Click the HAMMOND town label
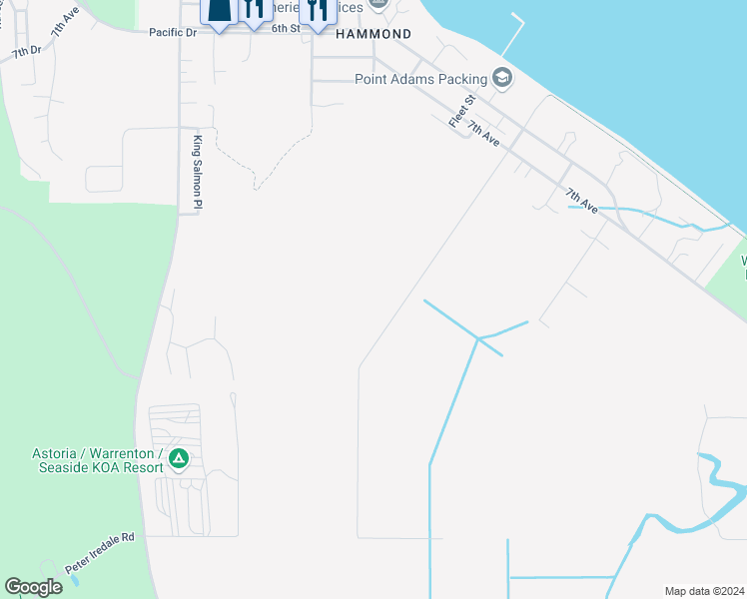pyautogui.click(x=373, y=33)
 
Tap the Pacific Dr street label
pyautogui.click(x=173, y=32)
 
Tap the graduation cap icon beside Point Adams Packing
pyautogui.click(x=501, y=78)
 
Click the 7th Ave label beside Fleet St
pyautogui.click(x=483, y=136)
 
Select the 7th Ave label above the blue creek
pyautogui.click(x=581, y=200)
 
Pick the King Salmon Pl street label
pyautogui.click(x=198, y=172)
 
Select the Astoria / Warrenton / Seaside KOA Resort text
pyautogui.click(x=100, y=460)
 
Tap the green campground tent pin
pyautogui.click(x=179, y=459)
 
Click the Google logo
pyautogui.click(x=33, y=587)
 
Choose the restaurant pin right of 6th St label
pyautogui.click(x=317, y=11)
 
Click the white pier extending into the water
pyautogui.click(x=518, y=34)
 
